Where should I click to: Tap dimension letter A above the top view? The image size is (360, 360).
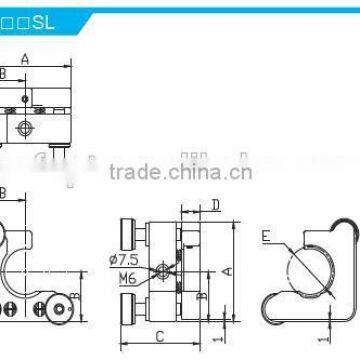25,59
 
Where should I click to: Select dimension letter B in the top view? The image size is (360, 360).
3,74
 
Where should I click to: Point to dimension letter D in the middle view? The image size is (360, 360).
216,207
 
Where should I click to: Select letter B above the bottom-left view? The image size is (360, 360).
3,192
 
